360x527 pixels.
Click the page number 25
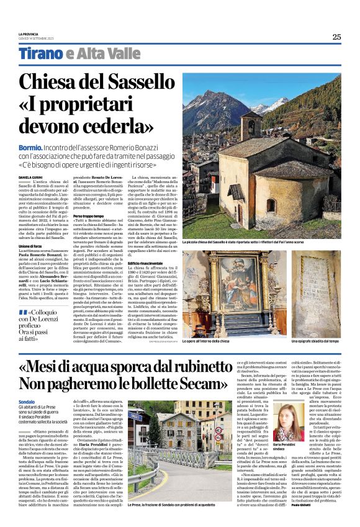[x=336, y=37]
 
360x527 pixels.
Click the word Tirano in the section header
[x=39, y=53]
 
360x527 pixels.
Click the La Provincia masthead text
[x=29, y=34]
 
